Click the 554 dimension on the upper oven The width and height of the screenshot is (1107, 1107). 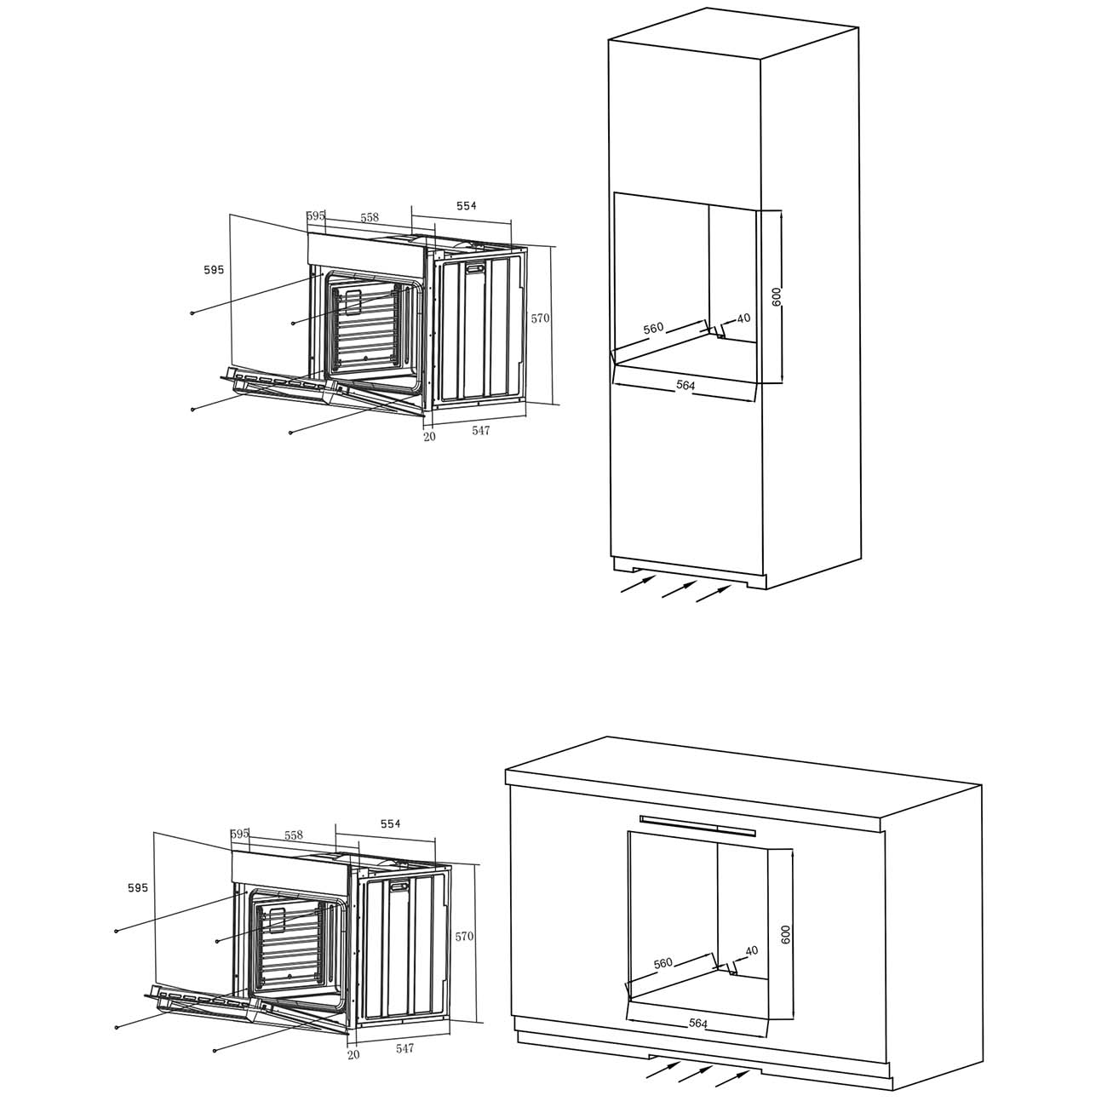[466, 206]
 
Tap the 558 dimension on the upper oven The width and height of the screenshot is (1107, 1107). [370, 218]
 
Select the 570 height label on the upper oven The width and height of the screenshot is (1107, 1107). [540, 318]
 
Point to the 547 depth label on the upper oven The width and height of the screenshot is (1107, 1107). [481, 430]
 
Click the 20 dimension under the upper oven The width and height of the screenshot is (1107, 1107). [429, 437]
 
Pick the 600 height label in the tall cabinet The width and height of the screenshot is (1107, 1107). [777, 296]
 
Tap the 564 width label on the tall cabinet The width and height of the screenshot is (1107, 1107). [685, 386]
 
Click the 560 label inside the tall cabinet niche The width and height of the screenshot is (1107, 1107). [653, 328]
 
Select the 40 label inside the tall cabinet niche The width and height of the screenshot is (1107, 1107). [743, 318]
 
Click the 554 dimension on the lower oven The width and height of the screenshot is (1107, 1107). [390, 823]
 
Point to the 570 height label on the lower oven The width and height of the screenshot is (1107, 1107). [464, 937]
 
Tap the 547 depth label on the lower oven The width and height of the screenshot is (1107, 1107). [404, 1048]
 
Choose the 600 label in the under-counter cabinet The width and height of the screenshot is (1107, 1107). [786, 933]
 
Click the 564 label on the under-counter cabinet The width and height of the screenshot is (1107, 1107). [698, 1024]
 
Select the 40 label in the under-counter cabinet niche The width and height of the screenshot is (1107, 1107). [751, 951]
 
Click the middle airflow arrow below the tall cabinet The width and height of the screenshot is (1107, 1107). [680, 588]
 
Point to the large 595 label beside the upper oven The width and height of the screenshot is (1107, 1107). [214, 270]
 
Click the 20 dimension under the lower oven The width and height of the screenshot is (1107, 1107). [353, 1055]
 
